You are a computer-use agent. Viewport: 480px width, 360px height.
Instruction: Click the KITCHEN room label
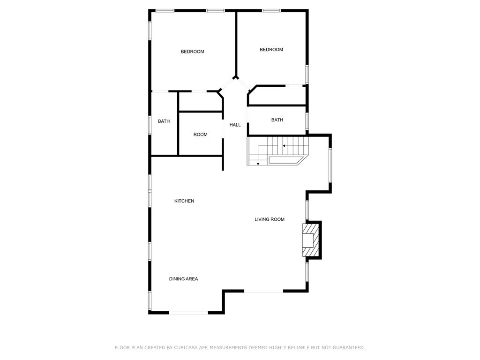point(184,201)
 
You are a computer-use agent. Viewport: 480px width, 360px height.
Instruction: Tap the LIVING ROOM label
point(270,219)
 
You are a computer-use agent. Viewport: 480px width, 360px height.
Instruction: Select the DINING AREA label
point(183,278)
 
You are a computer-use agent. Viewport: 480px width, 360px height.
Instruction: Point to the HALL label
point(235,125)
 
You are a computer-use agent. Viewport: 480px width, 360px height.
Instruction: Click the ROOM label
point(200,135)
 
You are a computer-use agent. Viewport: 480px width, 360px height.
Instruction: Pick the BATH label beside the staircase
point(277,120)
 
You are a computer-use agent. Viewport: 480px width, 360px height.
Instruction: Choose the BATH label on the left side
point(164,121)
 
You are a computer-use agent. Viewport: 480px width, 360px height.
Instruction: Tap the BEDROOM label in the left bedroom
point(192,52)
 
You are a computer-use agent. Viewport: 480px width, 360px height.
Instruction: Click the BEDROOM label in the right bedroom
point(271,49)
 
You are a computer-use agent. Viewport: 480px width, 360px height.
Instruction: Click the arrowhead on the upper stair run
point(284,146)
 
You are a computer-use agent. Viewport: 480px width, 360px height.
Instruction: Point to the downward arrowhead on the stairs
point(258,164)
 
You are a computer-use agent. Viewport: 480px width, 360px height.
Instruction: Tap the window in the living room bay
point(330,165)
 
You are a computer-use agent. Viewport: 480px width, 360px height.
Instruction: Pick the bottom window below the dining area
point(188,313)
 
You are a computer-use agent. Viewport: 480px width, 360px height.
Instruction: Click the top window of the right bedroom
point(271,11)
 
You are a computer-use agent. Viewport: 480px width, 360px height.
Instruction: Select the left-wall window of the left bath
point(150,125)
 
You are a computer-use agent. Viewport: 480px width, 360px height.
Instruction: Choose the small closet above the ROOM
point(200,101)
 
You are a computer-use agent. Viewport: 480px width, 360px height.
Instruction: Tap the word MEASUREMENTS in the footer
point(228,347)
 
